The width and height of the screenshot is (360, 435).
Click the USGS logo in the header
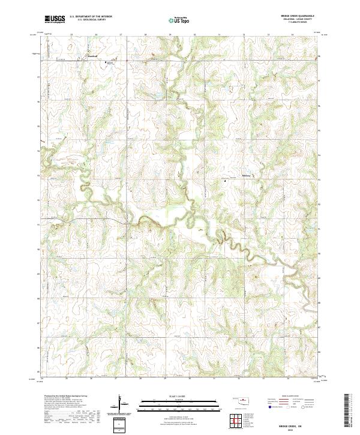(55, 20)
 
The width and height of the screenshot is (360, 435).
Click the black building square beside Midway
(224, 179)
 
